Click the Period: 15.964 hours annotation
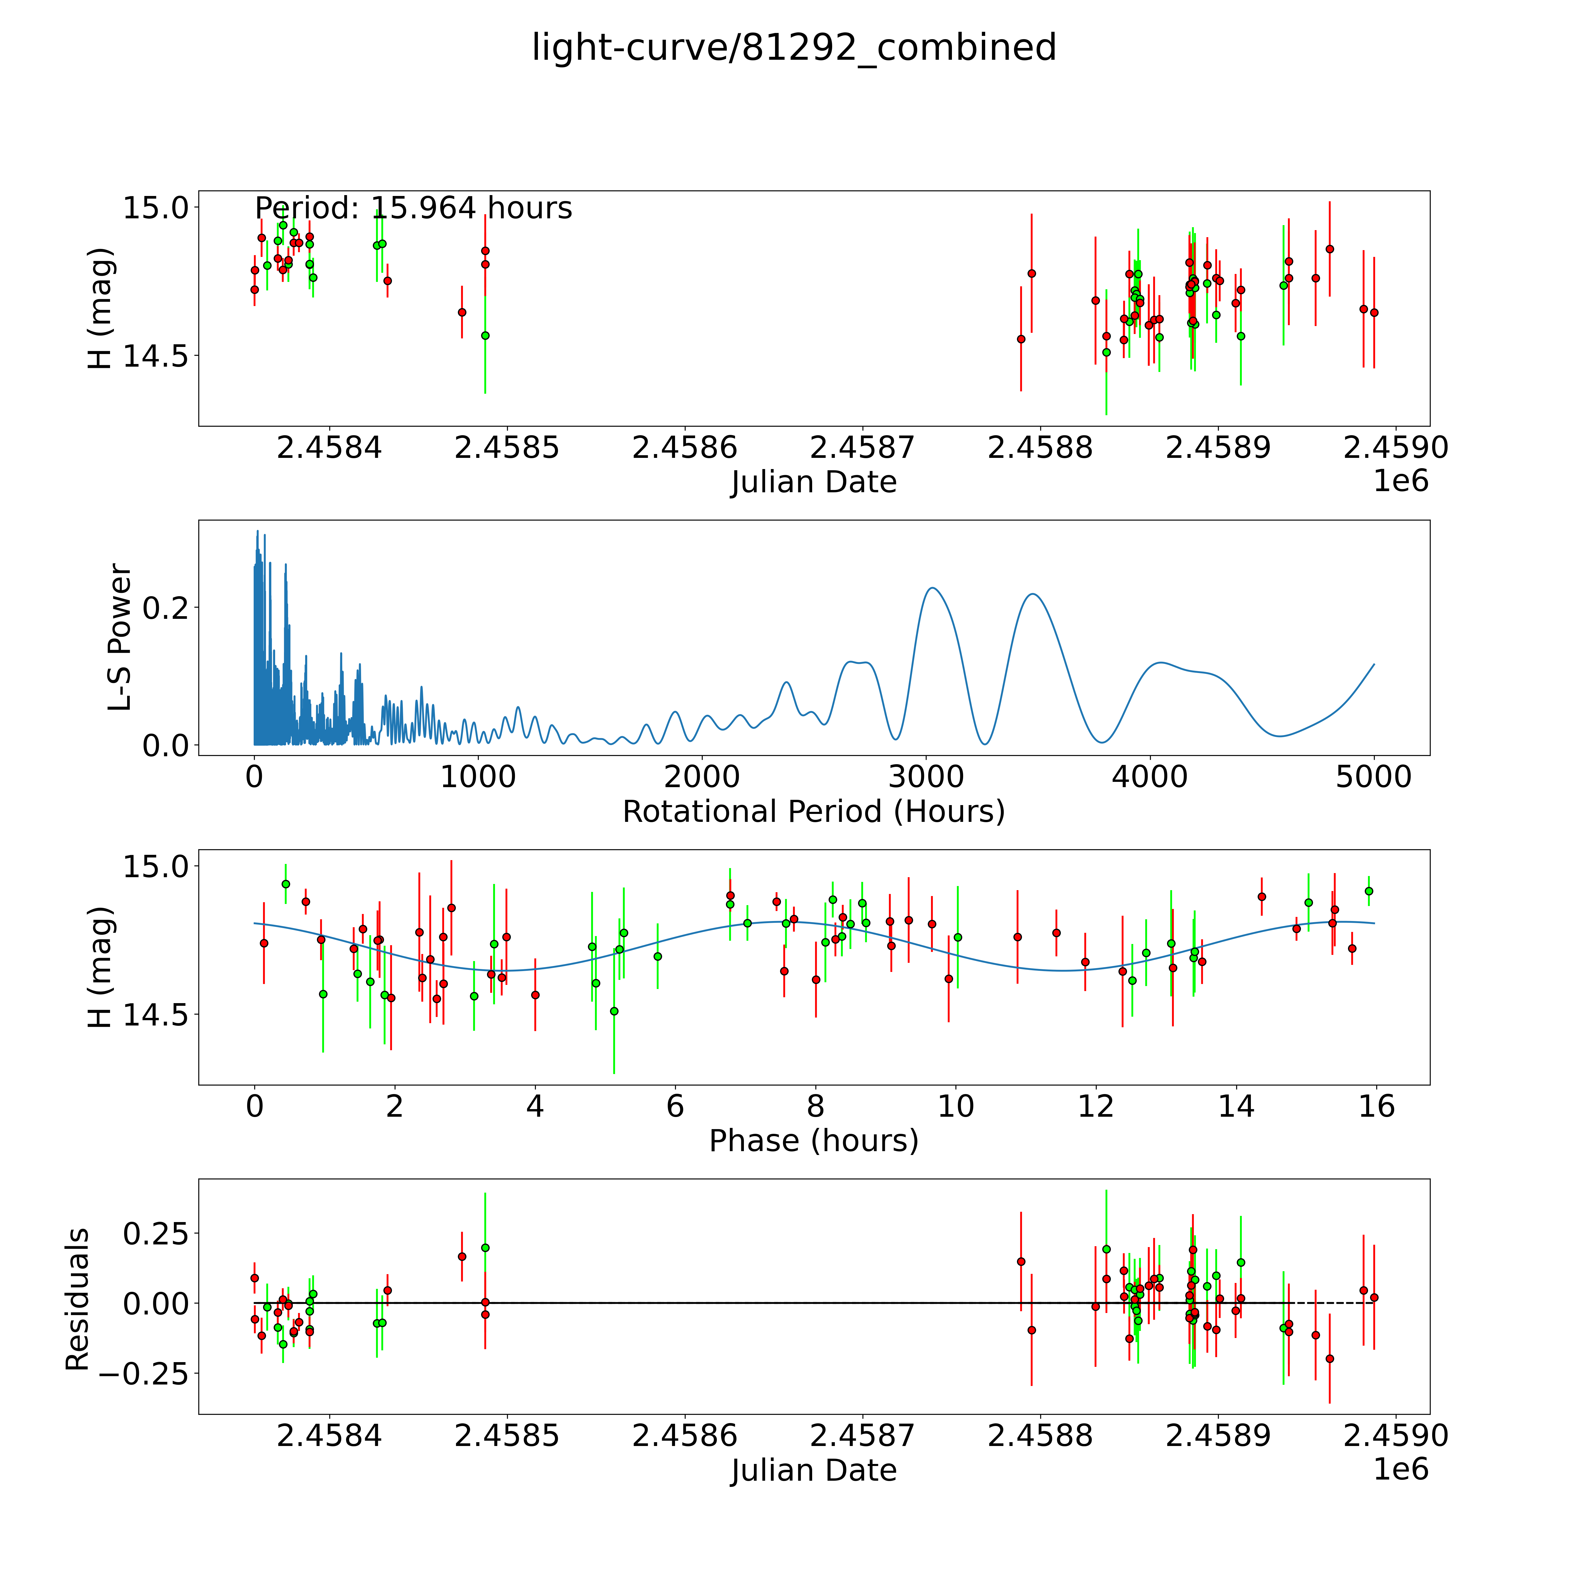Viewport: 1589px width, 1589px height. [413, 208]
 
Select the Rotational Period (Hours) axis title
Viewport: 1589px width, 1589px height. [813, 812]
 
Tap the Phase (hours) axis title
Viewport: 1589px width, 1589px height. [813, 1141]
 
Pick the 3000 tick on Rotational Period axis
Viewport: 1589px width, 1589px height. [926, 777]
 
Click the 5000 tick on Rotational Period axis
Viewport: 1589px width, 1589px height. [1374, 777]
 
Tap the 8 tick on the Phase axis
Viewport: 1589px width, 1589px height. [815, 1106]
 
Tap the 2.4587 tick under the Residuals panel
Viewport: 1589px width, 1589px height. [862, 1435]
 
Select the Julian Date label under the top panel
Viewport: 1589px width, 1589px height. [813, 482]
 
